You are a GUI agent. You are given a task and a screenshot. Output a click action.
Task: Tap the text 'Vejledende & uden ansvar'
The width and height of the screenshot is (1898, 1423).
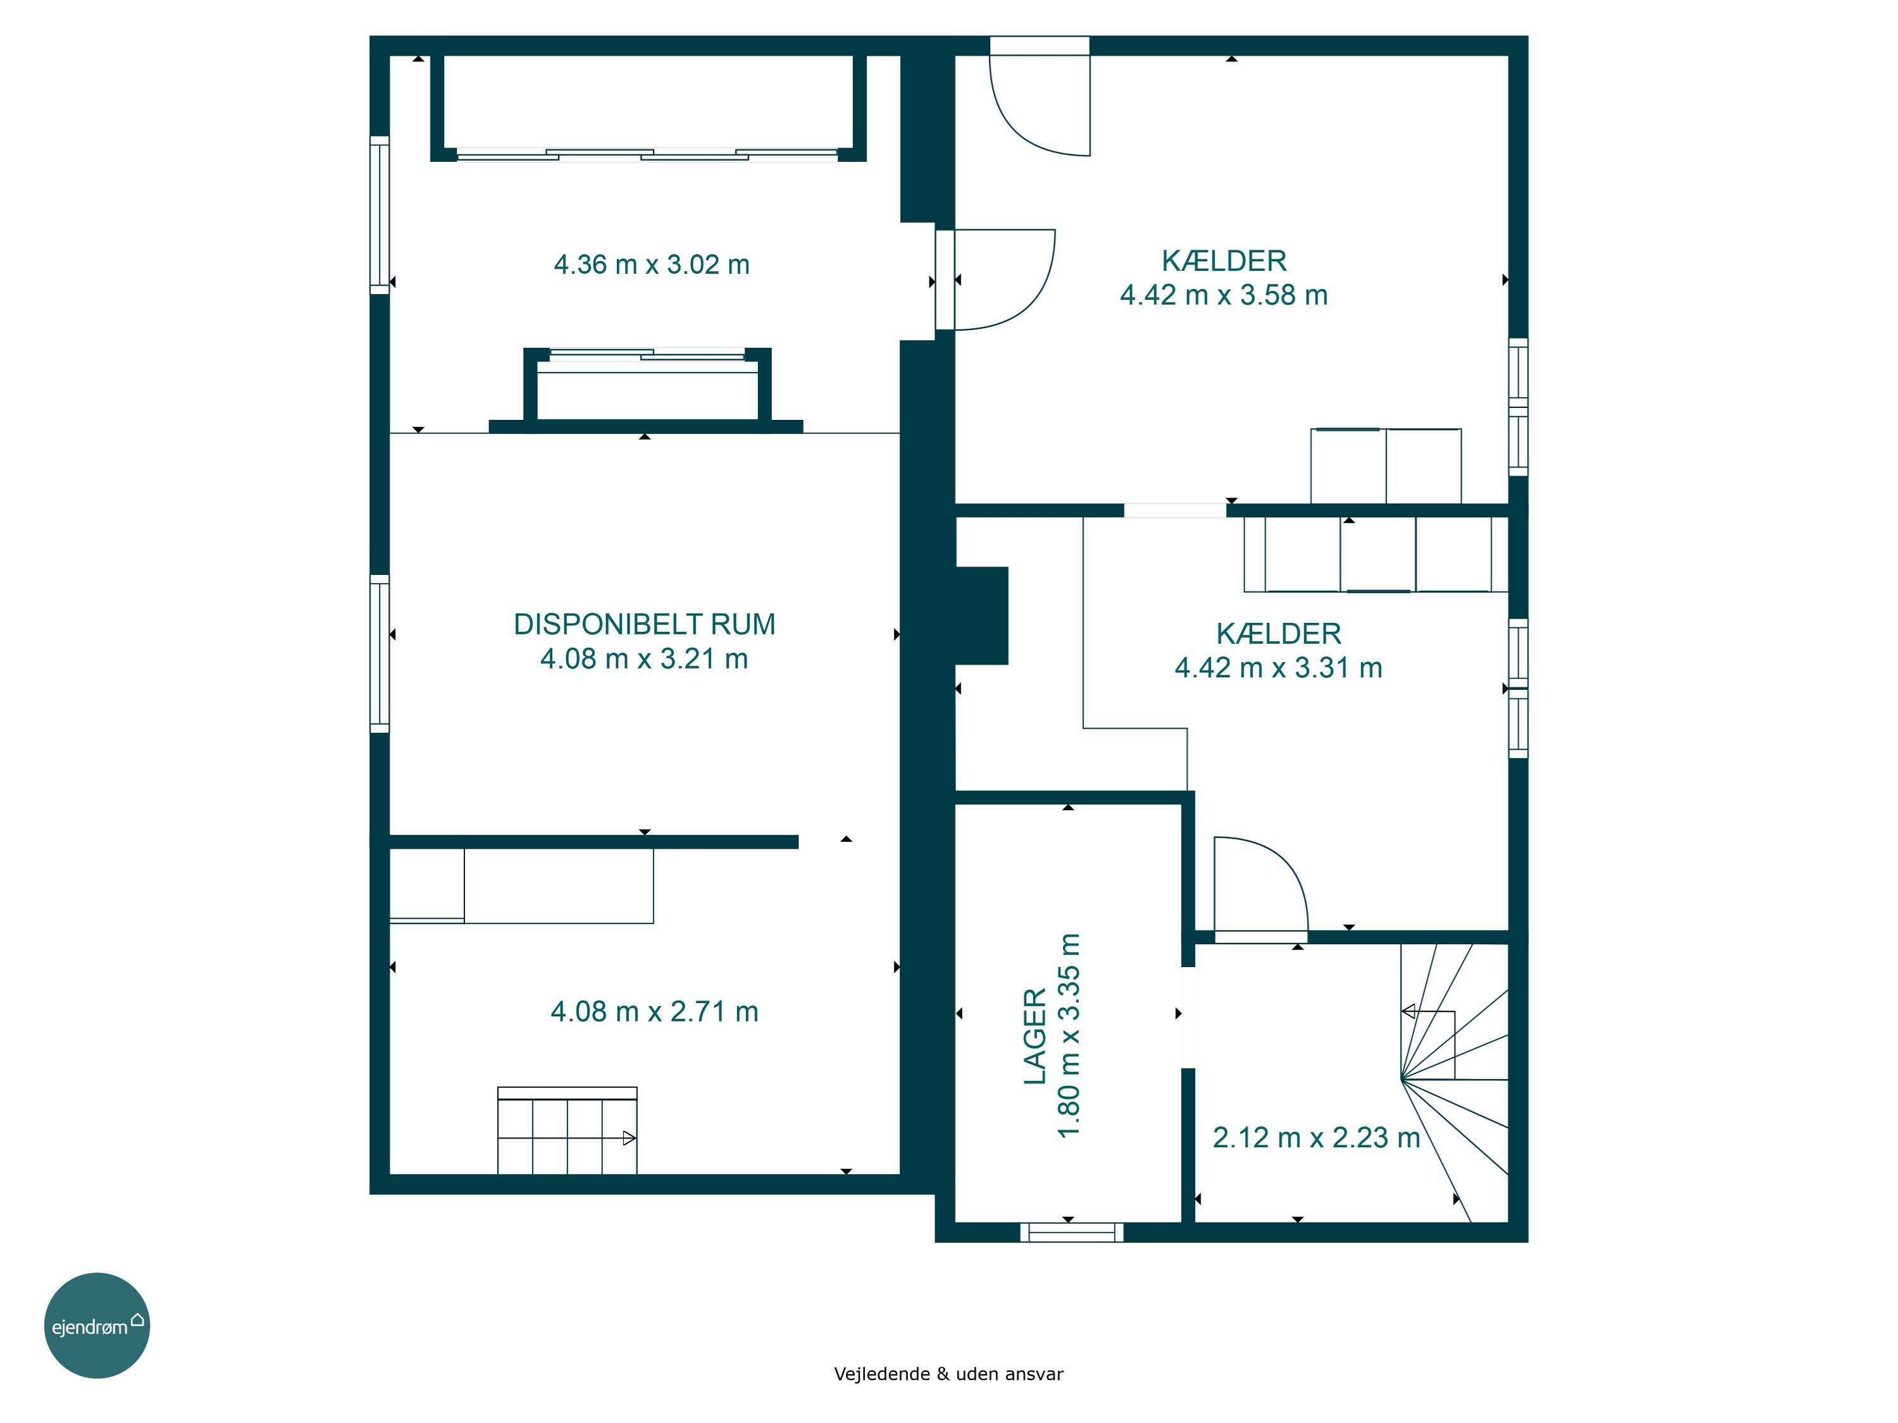(x=948, y=1374)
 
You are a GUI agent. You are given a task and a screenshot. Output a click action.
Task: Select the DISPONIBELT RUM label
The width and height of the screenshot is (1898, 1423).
(x=645, y=624)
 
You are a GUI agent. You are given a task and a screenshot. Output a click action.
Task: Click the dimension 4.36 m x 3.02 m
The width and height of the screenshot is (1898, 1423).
(x=651, y=264)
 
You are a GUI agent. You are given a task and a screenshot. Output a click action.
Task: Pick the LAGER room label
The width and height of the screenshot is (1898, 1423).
(x=1036, y=1036)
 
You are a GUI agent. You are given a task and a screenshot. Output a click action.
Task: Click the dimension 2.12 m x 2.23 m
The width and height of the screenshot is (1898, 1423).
(x=1316, y=1137)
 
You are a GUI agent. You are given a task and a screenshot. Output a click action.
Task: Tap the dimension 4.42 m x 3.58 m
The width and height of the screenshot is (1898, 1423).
(x=1224, y=295)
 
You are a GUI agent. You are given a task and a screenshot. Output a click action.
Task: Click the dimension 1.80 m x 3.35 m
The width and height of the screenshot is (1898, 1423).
(x=1069, y=1035)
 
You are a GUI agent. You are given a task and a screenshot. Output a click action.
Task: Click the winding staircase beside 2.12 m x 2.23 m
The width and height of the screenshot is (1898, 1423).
(x=1455, y=1083)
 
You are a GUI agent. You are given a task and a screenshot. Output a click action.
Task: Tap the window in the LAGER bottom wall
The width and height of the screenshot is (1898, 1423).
(x=1072, y=1232)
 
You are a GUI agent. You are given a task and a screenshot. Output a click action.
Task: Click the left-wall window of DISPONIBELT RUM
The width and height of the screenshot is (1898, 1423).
(x=379, y=653)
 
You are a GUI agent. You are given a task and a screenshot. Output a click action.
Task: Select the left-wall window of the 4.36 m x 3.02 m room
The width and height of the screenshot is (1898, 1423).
(x=379, y=215)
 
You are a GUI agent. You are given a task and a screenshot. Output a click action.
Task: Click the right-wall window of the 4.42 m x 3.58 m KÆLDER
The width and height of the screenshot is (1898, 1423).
(x=1518, y=407)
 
